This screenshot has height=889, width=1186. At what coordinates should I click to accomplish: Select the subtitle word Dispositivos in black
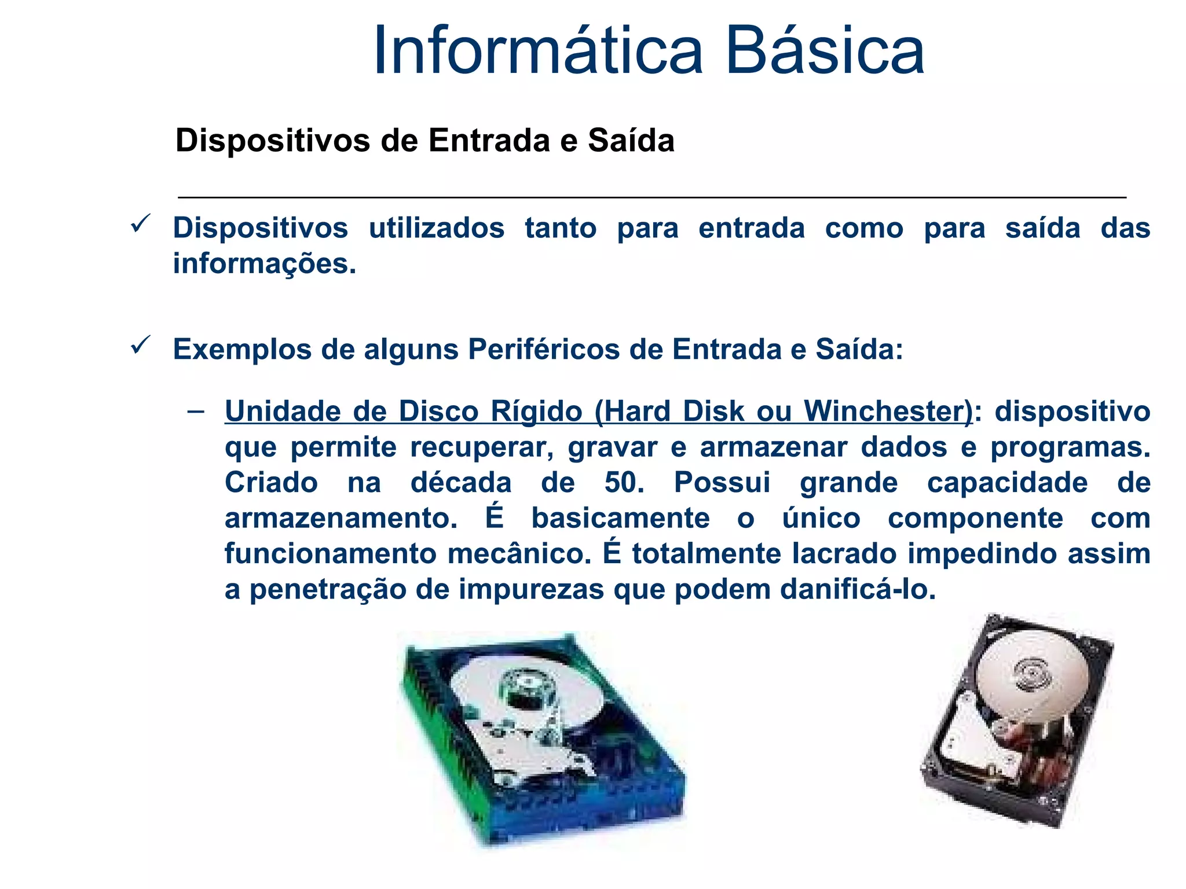[273, 141]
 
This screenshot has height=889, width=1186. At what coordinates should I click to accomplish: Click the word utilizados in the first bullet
[437, 228]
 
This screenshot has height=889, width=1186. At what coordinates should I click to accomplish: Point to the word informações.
[264, 264]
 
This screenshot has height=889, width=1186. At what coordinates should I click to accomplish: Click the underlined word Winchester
[888, 412]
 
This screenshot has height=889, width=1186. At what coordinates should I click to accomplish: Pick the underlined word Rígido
[536, 412]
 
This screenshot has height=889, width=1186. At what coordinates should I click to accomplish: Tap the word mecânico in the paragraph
[519, 554]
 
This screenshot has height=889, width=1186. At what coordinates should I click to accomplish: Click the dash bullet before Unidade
[196, 412]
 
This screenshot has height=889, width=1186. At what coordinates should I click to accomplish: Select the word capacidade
[1007, 483]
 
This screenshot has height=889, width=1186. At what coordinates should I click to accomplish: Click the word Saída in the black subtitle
[631, 141]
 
